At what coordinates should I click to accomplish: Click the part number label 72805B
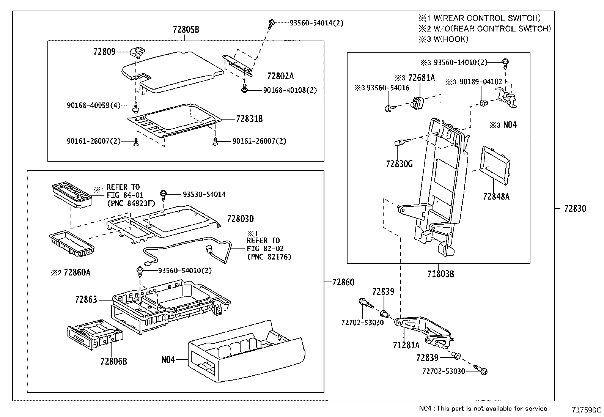tap(186, 29)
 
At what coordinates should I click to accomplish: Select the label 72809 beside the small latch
tap(104, 51)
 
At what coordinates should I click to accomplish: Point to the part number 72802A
tap(280, 76)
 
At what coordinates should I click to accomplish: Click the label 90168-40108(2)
tap(289, 90)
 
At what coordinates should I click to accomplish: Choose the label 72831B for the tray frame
tap(249, 119)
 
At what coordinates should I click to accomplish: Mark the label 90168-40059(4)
tap(93, 105)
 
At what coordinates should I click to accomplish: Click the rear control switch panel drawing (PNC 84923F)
tap(72, 195)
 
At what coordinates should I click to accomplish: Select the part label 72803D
tap(240, 219)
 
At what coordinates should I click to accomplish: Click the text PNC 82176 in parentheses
tap(269, 257)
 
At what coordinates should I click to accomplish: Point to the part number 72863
tap(86, 299)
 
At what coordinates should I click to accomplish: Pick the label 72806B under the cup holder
tap(113, 361)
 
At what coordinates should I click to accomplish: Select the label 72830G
tap(399, 164)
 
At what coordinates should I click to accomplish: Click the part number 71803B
tap(440, 274)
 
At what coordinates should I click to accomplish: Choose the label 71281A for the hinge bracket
tap(406, 345)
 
